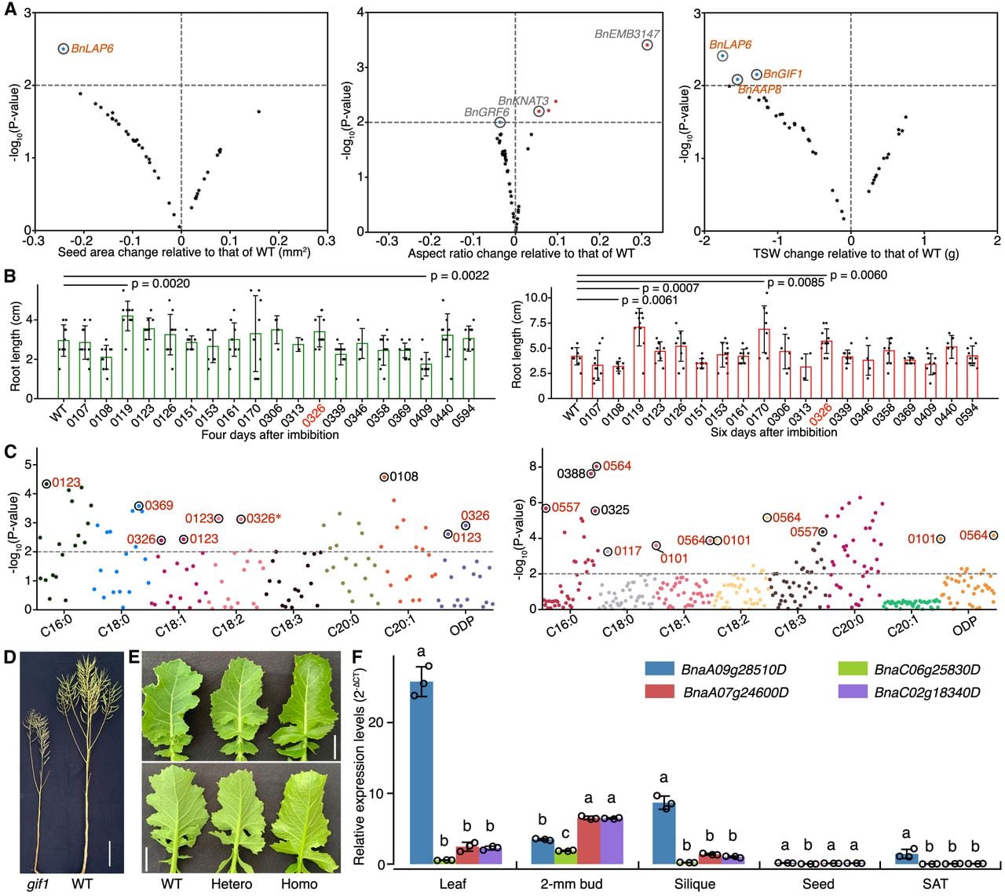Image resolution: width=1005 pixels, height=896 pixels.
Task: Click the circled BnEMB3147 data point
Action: click(647, 45)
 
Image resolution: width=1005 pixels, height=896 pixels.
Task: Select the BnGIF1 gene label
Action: click(782, 74)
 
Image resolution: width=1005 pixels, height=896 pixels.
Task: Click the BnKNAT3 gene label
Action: click(523, 101)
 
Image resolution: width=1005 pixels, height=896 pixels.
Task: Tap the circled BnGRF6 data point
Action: click(500, 122)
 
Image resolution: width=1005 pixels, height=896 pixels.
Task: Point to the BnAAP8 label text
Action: click(759, 90)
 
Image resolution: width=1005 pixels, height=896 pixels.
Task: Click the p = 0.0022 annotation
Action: click(459, 276)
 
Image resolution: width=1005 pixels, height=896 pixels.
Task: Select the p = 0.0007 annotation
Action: click(671, 288)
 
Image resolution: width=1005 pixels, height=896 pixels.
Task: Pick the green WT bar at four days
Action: click(64, 369)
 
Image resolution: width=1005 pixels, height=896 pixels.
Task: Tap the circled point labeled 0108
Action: click(384, 477)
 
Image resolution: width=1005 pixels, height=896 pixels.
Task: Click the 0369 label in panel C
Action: click(159, 506)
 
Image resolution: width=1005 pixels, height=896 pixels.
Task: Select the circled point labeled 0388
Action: click(590, 474)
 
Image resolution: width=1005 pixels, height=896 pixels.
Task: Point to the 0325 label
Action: click(615, 510)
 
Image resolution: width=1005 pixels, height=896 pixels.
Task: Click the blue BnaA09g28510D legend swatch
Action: click(660, 668)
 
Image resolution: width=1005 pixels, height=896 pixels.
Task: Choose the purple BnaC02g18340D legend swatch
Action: click(853, 692)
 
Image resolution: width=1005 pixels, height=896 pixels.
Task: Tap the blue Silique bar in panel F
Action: click(663, 833)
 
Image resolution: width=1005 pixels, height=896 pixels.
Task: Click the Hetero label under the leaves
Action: click(231, 883)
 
